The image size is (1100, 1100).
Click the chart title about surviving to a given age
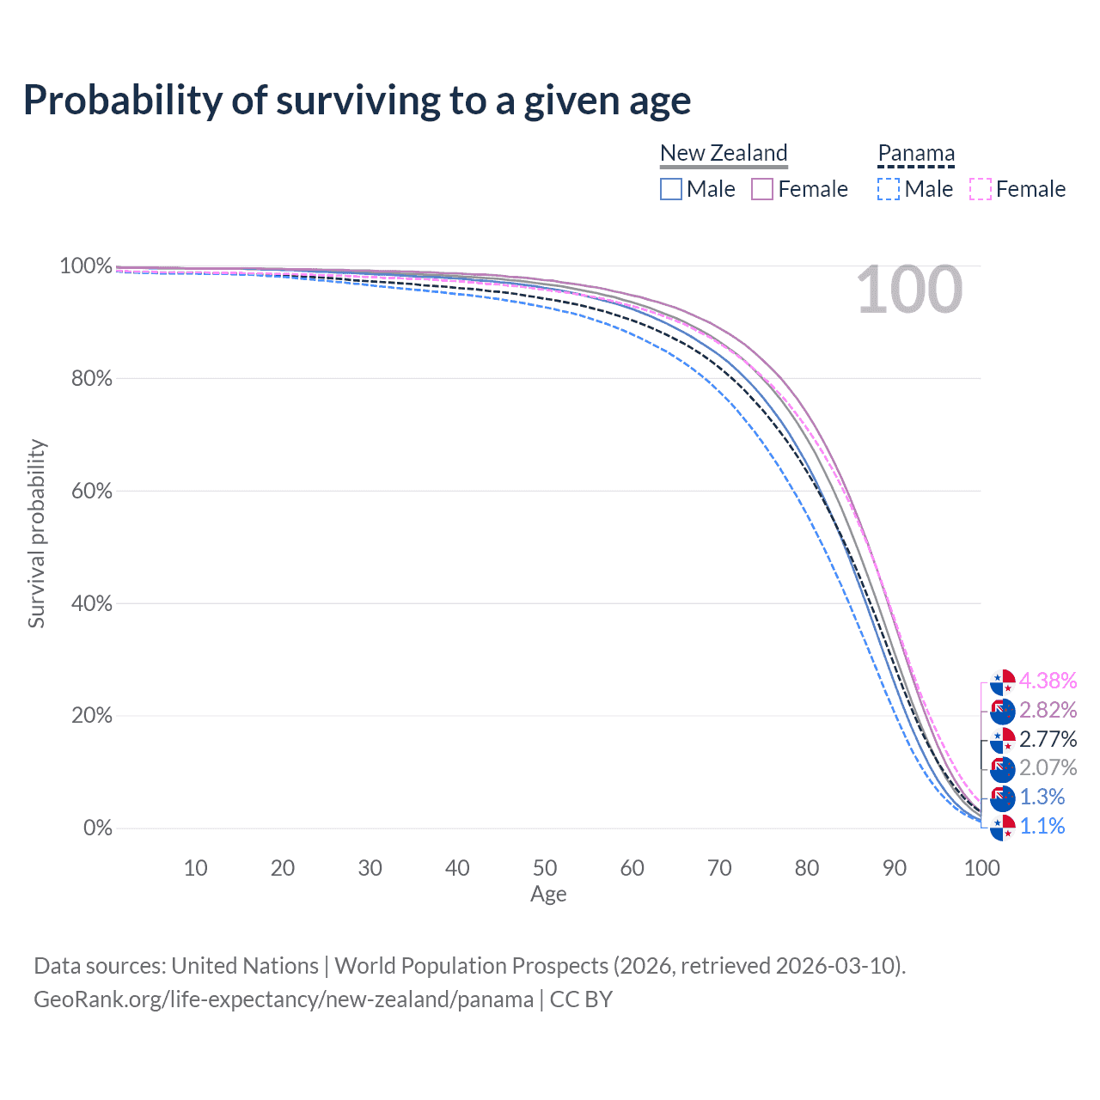click(x=357, y=101)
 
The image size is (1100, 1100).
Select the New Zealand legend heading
click(x=724, y=153)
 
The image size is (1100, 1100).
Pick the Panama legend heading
click(x=915, y=153)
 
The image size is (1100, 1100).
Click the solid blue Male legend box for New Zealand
click(x=670, y=189)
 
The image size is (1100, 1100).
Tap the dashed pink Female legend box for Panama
click(x=981, y=189)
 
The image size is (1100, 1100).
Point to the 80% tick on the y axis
click(x=91, y=378)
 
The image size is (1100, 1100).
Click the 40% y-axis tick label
click(x=91, y=602)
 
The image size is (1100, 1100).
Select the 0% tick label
click(x=98, y=827)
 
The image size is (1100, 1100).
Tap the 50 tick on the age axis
click(x=545, y=868)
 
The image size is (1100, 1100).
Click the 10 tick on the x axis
click(x=195, y=868)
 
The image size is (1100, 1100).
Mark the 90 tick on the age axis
click(x=894, y=868)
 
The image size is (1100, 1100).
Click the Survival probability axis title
click(x=37, y=533)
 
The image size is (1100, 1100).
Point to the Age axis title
click(x=548, y=894)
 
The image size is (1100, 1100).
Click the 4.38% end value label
click(x=1048, y=681)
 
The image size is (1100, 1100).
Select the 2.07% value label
click(x=1048, y=767)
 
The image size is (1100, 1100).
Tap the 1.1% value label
click(x=1042, y=826)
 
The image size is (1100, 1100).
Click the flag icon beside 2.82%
click(x=1002, y=711)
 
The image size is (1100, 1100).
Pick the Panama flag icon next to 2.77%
click(x=1002, y=740)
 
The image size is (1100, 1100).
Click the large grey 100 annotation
click(x=909, y=290)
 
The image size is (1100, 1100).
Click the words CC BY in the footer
click(x=581, y=999)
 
